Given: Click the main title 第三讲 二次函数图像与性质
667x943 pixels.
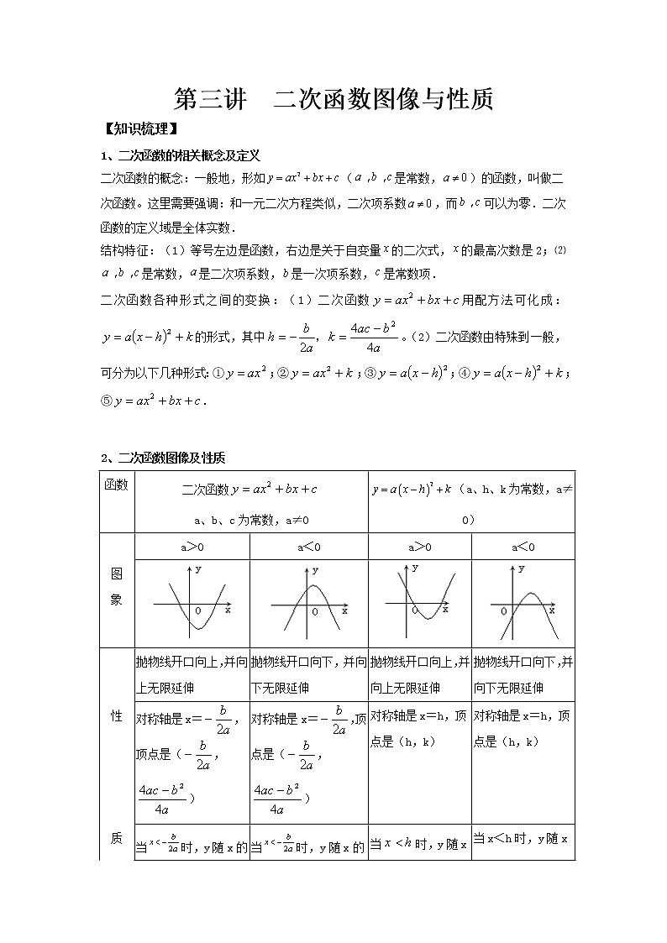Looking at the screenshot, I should point(333,99).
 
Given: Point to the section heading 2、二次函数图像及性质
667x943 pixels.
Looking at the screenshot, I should point(163,458).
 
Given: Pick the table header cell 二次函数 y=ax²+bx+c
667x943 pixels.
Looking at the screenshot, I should point(249,489).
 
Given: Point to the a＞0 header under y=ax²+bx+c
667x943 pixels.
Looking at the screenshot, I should point(192,547).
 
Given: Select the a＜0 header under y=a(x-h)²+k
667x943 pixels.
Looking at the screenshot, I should point(523,547).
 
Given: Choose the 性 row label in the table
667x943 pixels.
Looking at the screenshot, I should point(117,715).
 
